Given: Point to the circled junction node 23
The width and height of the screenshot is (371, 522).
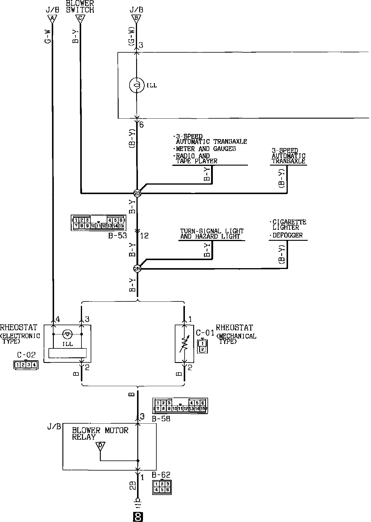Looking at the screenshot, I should (x=137, y=194).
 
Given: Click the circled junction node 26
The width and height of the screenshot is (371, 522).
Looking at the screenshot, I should (x=137, y=268).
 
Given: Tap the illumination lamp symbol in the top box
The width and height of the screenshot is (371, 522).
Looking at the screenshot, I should (x=136, y=85).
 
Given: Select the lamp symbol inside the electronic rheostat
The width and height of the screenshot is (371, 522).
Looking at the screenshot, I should (x=68, y=334).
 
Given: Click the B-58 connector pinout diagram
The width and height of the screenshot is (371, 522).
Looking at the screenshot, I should (x=180, y=406).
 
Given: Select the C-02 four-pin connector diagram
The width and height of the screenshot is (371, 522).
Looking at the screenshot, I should (x=26, y=364).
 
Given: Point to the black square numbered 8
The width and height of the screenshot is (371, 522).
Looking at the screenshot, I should (x=138, y=517).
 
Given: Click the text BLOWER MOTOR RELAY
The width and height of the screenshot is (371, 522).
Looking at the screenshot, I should (x=100, y=433).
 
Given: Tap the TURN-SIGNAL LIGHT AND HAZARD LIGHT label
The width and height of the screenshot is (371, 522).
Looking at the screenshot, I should (x=212, y=234).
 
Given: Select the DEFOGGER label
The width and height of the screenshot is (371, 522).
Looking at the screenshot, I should (x=287, y=235).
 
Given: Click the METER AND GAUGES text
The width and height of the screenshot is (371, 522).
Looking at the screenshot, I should (x=206, y=149).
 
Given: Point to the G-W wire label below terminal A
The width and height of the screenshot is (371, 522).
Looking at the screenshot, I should (x=48, y=37).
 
